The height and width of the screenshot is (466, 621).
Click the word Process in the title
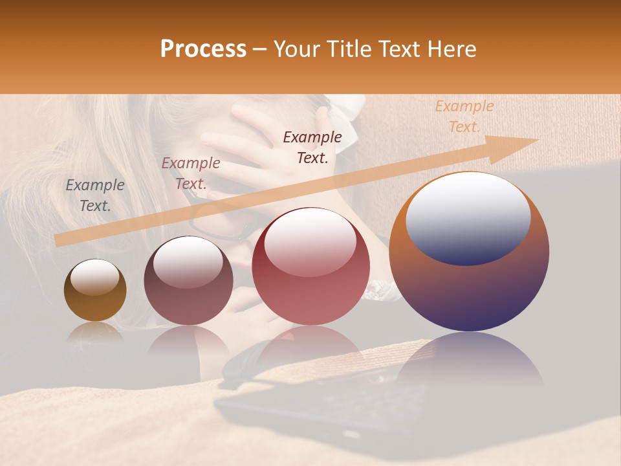[x=203, y=49]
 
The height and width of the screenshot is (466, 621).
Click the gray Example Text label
[x=95, y=195]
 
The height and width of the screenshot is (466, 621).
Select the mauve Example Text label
[x=191, y=173]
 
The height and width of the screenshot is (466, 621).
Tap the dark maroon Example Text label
[x=312, y=147]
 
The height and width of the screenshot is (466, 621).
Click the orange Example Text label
[x=464, y=116]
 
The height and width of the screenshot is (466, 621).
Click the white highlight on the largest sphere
[x=468, y=217]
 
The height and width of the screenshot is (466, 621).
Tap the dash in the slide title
[x=259, y=50]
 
